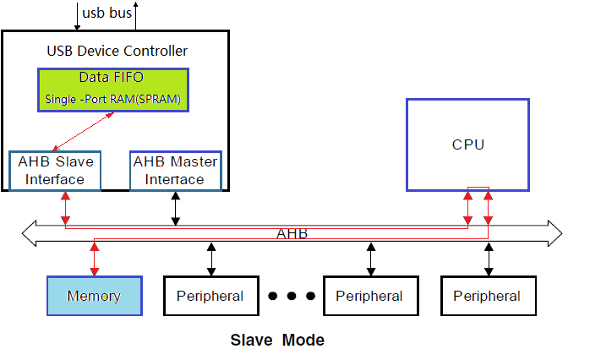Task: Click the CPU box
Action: [467, 144]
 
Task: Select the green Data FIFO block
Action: [112, 89]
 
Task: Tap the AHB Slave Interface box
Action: [55, 170]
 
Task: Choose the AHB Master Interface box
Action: [176, 170]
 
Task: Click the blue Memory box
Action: [93, 297]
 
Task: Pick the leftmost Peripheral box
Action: [210, 297]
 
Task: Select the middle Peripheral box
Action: [369, 297]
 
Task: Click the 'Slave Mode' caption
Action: [277, 341]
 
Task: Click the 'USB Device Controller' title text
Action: [117, 52]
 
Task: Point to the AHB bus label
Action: [292, 233]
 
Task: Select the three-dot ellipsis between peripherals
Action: [291, 297]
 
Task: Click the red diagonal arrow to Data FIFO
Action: [83, 130]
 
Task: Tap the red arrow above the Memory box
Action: [95, 259]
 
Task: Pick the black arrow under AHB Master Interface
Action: [175, 208]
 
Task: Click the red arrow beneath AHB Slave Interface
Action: [66, 208]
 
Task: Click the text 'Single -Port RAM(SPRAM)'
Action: [112, 99]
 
